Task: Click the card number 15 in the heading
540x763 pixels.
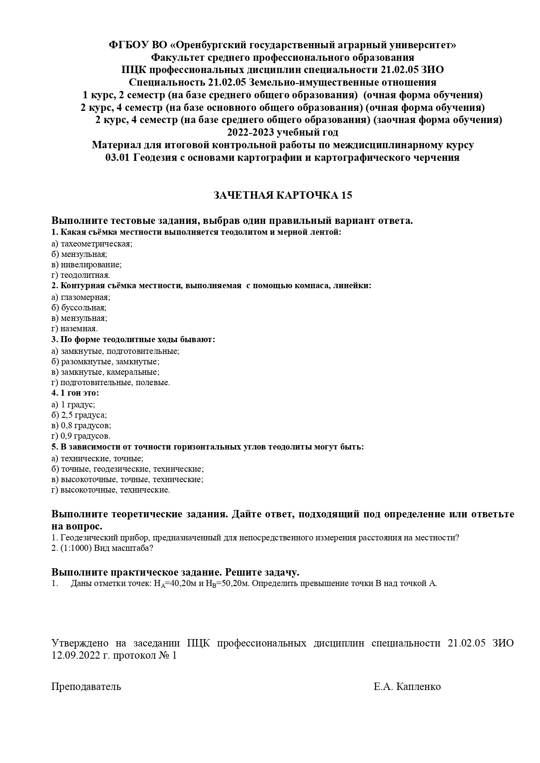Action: (x=347, y=196)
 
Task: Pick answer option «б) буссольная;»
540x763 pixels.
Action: (x=79, y=308)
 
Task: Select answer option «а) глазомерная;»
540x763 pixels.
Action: (x=80, y=297)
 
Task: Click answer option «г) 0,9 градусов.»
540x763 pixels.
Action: (x=80, y=436)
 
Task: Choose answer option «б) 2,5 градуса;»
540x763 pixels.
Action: (x=79, y=415)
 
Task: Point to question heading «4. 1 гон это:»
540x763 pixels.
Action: (x=75, y=393)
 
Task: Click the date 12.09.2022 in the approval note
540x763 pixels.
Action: (x=75, y=656)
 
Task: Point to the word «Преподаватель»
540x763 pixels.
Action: (x=86, y=687)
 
